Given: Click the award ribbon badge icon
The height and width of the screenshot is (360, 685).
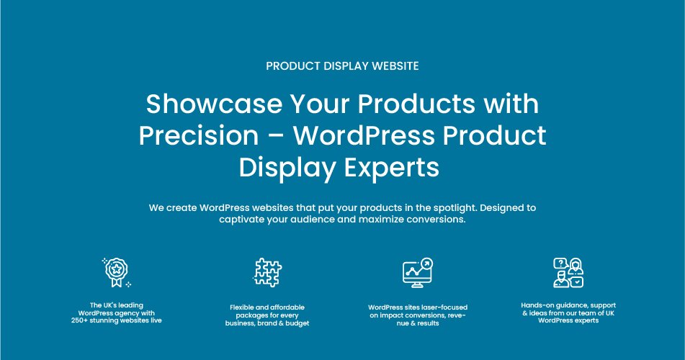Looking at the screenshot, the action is (117, 272).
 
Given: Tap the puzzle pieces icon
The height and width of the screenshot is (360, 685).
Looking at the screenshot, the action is (267, 272).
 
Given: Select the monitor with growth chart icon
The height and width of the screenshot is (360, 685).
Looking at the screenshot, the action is (418, 273).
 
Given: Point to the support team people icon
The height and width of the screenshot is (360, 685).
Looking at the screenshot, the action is (568, 273).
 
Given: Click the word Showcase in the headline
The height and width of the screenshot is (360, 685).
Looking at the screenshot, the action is (214, 104).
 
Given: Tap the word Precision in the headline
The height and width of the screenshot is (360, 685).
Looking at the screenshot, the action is (199, 135).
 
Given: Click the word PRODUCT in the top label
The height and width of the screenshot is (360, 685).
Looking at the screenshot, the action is (293, 66).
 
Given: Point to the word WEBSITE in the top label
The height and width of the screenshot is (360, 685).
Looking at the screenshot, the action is (395, 66).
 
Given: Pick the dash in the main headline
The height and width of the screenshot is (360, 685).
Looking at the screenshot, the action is (276, 136).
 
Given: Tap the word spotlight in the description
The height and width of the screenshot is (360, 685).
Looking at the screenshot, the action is (454, 207).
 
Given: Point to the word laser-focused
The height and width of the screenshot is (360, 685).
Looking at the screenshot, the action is (444, 307).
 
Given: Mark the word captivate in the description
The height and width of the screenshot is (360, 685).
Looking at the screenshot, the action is (241, 220).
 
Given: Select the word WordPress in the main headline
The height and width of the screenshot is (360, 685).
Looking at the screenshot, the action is (364, 135).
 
